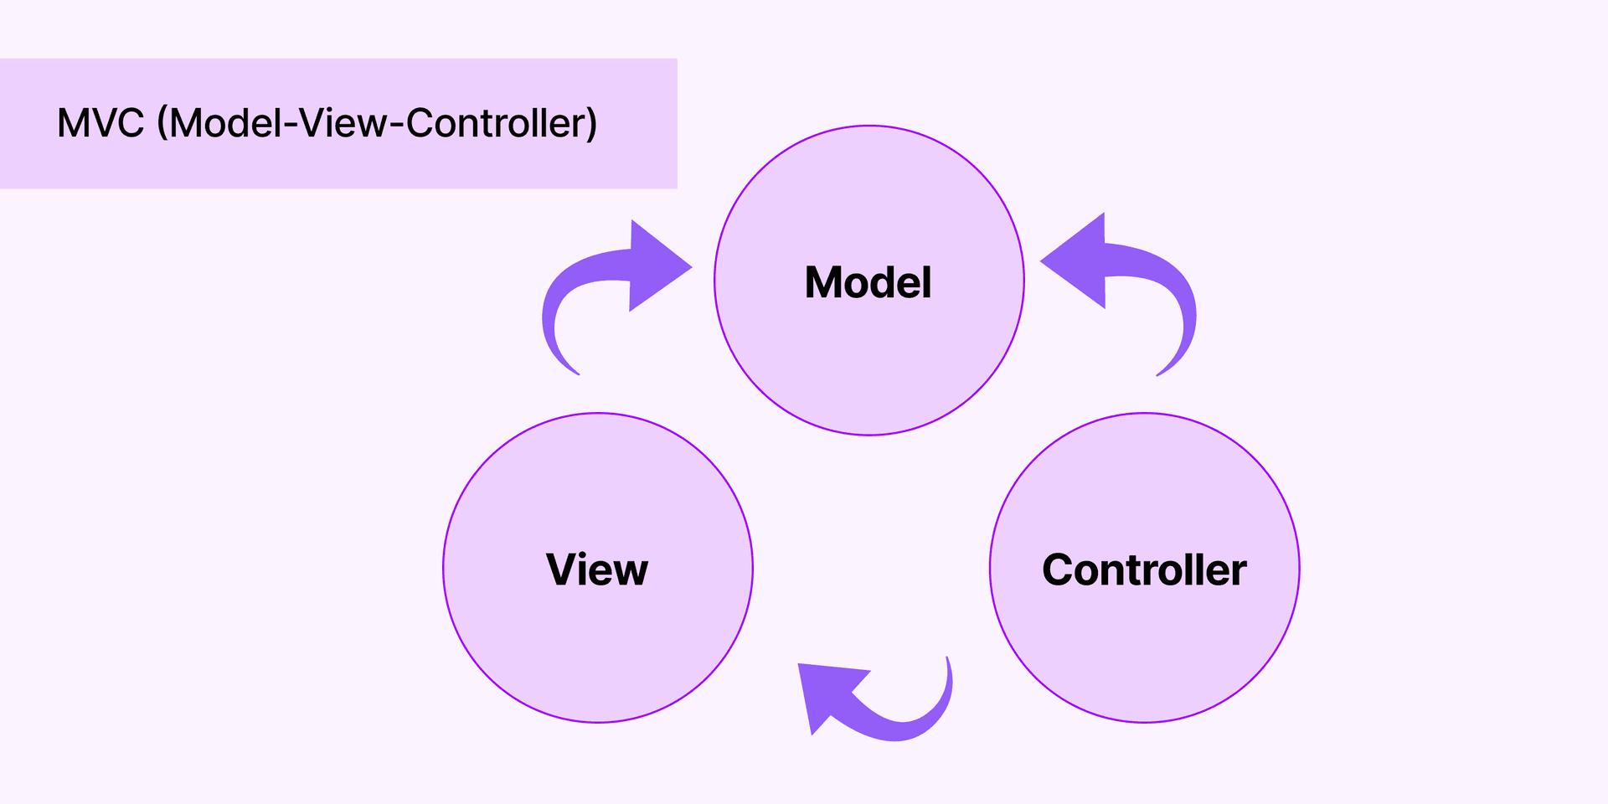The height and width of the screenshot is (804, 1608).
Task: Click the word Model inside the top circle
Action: pyautogui.click(x=868, y=282)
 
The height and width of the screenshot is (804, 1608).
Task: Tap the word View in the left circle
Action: pyautogui.click(x=597, y=569)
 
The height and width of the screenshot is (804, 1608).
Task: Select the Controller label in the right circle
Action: pyautogui.click(x=1144, y=569)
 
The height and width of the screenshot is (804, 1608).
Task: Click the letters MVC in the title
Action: pyautogui.click(x=100, y=123)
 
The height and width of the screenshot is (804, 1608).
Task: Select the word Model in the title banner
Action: pyautogui.click(x=226, y=123)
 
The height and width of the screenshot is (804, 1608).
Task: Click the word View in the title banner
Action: pyautogui.click(x=343, y=123)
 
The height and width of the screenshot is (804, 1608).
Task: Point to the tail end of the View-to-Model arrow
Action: pyautogui.click(x=574, y=369)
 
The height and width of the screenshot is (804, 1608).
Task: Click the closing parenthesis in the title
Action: pyautogui.click(x=591, y=123)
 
